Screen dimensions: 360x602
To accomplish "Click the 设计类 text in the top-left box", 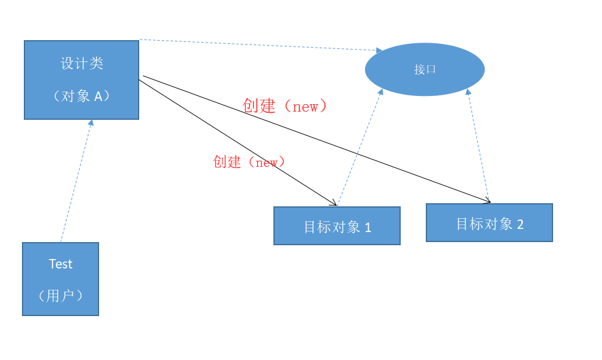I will [82, 63].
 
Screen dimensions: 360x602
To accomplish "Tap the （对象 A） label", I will [82, 96].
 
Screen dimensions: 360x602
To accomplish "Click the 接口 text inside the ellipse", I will [425, 70].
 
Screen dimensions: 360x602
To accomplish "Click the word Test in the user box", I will [61, 264].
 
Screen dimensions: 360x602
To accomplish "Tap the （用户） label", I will [61, 295].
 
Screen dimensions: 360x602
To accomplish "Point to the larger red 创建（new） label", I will [285, 106].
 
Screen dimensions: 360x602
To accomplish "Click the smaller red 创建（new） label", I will [250, 162].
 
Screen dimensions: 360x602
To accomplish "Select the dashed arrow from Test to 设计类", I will [76, 182].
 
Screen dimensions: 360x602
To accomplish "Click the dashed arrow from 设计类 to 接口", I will [257, 45].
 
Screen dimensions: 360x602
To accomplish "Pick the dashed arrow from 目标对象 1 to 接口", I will [359, 148].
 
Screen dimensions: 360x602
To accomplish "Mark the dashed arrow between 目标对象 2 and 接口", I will [478, 146].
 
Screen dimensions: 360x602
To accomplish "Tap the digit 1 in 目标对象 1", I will [368, 228].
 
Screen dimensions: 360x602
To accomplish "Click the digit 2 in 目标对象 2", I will [520, 224].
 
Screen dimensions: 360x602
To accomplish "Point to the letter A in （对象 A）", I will [98, 96].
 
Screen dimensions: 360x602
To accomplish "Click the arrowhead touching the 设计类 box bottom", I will [91, 123].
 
